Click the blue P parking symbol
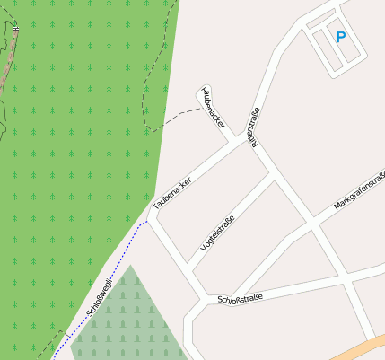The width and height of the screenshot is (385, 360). pyautogui.click(x=340, y=37)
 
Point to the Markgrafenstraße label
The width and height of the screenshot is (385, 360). pyautogui.click(x=359, y=191)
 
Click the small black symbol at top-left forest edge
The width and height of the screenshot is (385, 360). pyautogui.click(x=16, y=30)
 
